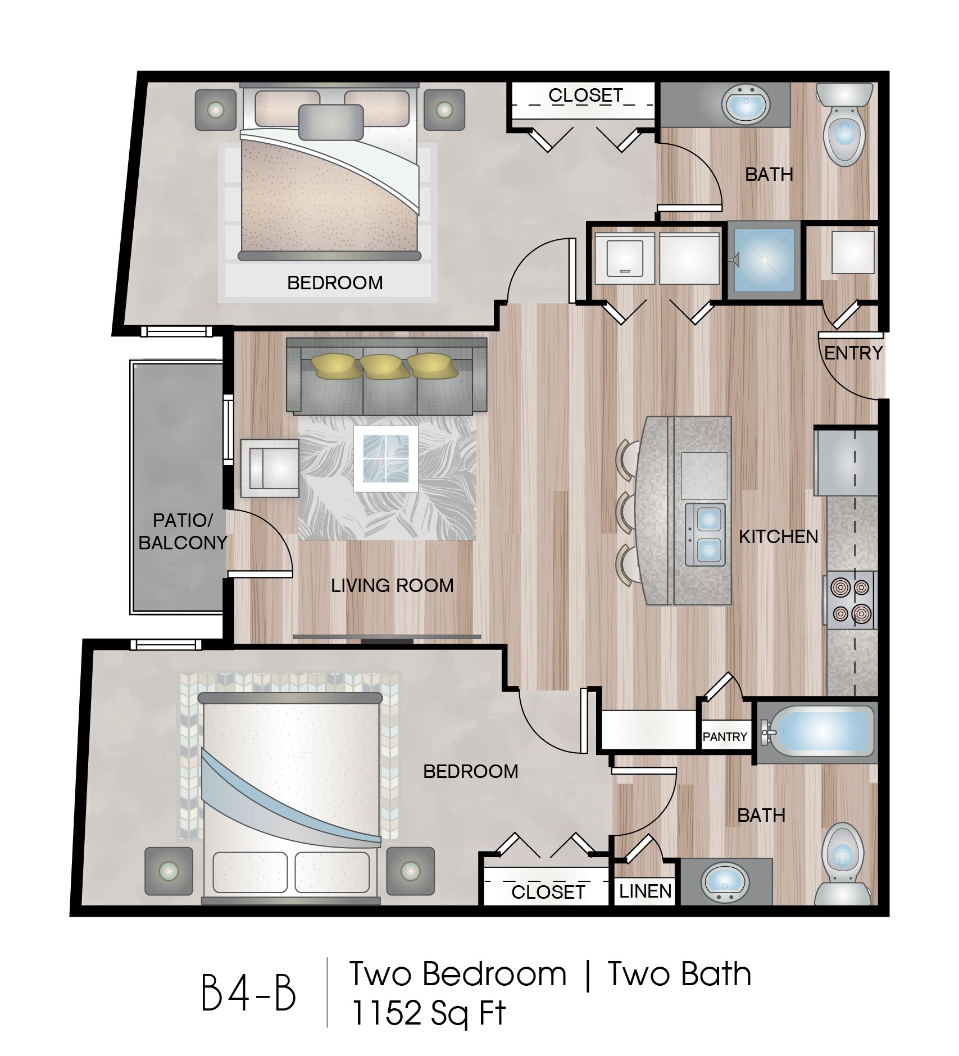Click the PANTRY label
[725, 736]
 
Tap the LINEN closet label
[645, 891]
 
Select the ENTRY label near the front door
[853, 353]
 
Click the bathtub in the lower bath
[817, 731]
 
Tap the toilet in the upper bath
[844, 124]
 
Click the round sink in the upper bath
[746, 103]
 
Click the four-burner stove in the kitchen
[850, 600]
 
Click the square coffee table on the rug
[385, 459]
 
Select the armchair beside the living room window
[270, 468]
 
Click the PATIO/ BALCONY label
[183, 531]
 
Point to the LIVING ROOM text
[392, 586]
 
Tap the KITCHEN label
[778, 537]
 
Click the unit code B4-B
[248, 994]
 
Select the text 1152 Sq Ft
[428, 1013]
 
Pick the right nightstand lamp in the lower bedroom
[410, 871]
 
